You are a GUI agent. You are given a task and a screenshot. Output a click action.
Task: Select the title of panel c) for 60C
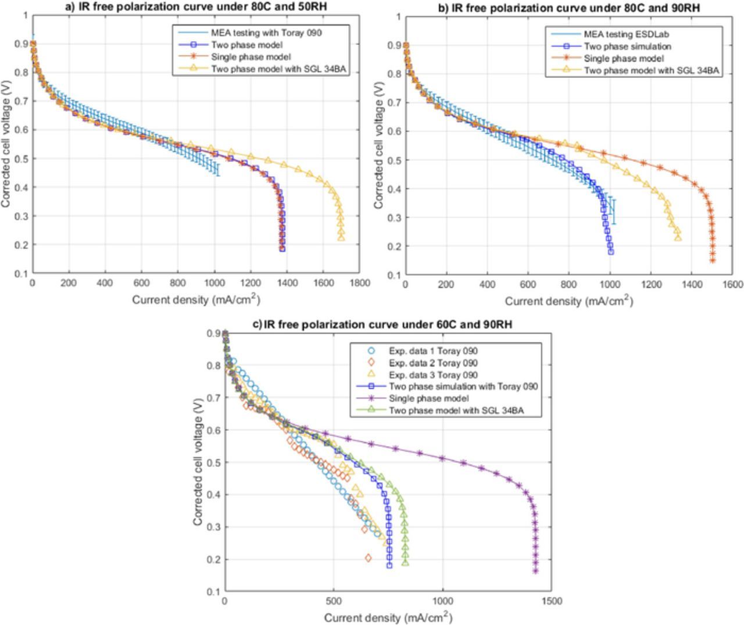(382, 324)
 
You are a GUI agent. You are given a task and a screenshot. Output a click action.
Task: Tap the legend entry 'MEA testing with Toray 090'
(266, 33)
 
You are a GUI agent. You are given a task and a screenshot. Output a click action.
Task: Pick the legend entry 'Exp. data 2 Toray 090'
(433, 363)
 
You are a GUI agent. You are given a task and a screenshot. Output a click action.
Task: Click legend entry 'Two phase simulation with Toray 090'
(463, 386)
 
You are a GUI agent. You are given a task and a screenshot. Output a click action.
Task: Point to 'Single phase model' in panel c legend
(428, 398)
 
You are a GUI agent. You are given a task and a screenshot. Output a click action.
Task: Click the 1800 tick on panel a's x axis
(359, 283)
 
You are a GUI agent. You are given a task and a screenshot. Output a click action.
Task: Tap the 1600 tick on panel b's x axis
(734, 284)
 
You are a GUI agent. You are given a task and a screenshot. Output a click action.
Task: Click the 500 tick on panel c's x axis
(334, 601)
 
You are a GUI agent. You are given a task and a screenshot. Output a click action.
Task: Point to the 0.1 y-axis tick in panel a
(22, 273)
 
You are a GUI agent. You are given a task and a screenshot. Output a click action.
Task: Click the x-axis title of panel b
(568, 301)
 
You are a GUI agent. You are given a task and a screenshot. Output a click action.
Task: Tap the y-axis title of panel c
(198, 462)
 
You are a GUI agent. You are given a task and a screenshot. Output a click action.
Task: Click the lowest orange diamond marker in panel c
(368, 558)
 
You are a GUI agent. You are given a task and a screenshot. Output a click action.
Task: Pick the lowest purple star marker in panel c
(535, 571)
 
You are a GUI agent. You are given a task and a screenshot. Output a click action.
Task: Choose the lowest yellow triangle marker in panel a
(341, 237)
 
